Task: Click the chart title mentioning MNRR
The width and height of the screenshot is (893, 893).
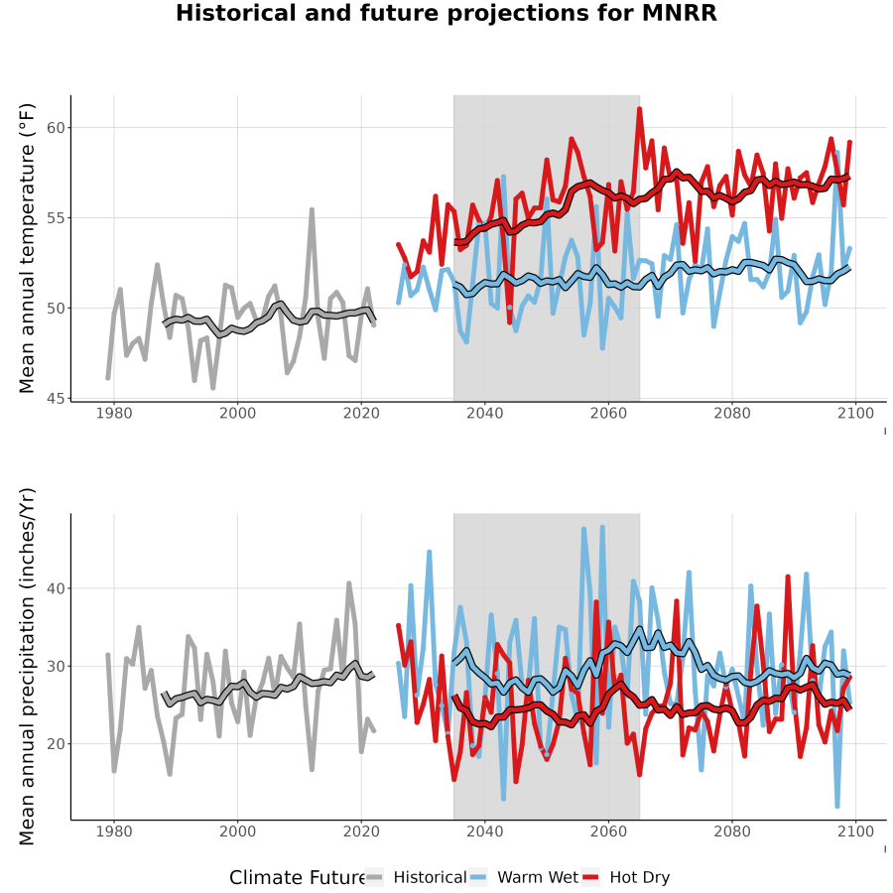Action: tap(446, 13)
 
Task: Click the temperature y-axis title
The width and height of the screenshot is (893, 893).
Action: tap(27, 248)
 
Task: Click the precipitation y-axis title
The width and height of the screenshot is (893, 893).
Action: tap(27, 667)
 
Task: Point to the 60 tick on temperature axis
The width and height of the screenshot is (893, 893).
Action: tap(56, 128)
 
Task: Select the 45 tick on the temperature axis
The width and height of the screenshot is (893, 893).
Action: tap(56, 398)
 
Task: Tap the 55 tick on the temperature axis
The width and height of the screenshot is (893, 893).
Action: tap(56, 217)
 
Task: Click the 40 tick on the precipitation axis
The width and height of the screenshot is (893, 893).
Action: tap(56, 587)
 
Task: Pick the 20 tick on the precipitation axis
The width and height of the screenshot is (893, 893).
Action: tap(56, 744)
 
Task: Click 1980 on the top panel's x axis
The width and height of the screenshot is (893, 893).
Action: tap(114, 413)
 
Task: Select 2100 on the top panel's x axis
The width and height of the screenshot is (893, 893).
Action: tap(855, 413)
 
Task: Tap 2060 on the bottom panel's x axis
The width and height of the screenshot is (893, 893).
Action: tap(608, 831)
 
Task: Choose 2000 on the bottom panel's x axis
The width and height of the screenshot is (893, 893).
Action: tap(237, 831)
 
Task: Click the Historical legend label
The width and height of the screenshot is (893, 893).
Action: tap(430, 877)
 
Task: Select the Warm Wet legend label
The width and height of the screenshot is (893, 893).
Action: tap(538, 877)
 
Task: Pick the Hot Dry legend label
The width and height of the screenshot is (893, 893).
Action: tap(640, 877)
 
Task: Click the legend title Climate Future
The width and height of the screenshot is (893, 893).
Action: tap(298, 877)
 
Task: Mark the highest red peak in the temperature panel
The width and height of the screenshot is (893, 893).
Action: tap(640, 108)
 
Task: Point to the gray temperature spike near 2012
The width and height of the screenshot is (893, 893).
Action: tap(313, 209)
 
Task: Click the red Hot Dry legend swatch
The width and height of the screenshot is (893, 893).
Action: tap(591, 877)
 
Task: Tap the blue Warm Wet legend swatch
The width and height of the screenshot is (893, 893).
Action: tap(479, 877)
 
